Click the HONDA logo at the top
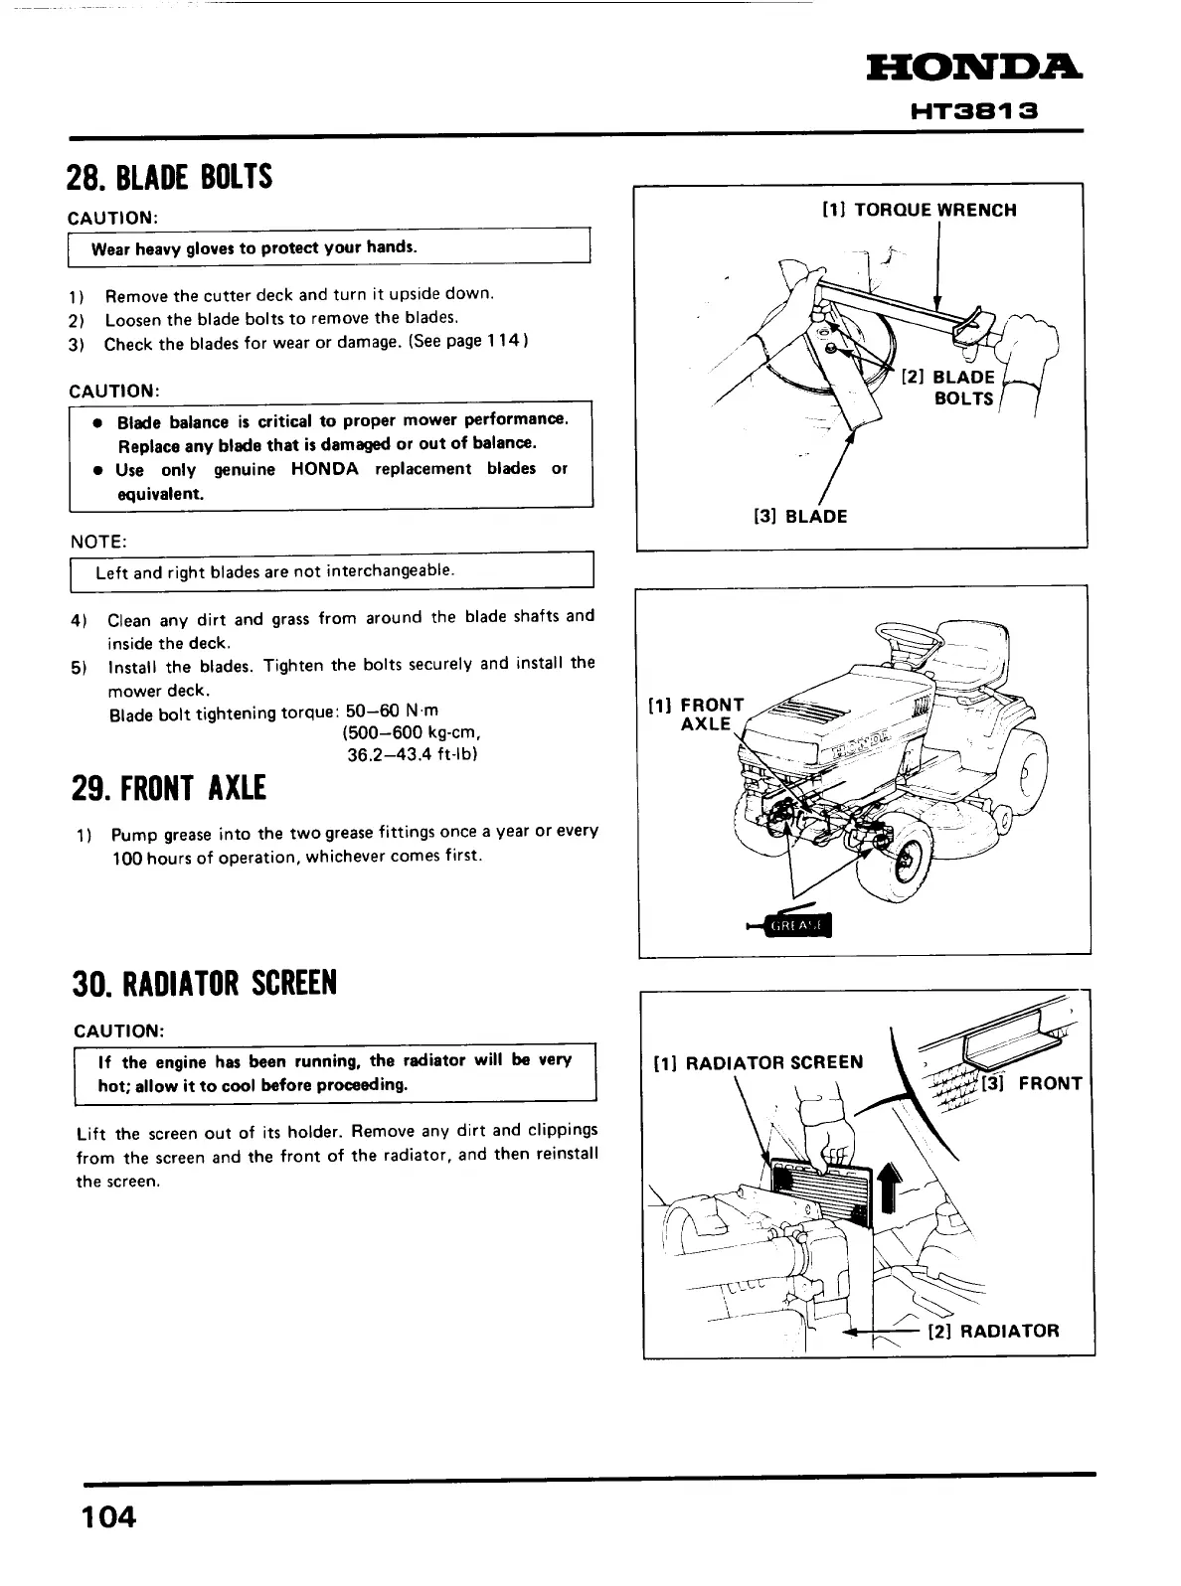(974, 70)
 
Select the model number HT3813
(974, 110)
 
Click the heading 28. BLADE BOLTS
(169, 177)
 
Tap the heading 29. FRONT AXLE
(169, 788)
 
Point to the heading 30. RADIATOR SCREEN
(206, 982)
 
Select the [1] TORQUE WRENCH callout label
(920, 210)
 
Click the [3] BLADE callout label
(800, 516)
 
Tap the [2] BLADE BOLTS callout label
(949, 388)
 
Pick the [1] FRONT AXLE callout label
(696, 714)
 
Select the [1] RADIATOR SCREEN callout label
(759, 1062)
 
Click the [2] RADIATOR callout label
(993, 1330)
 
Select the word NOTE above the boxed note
(97, 542)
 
